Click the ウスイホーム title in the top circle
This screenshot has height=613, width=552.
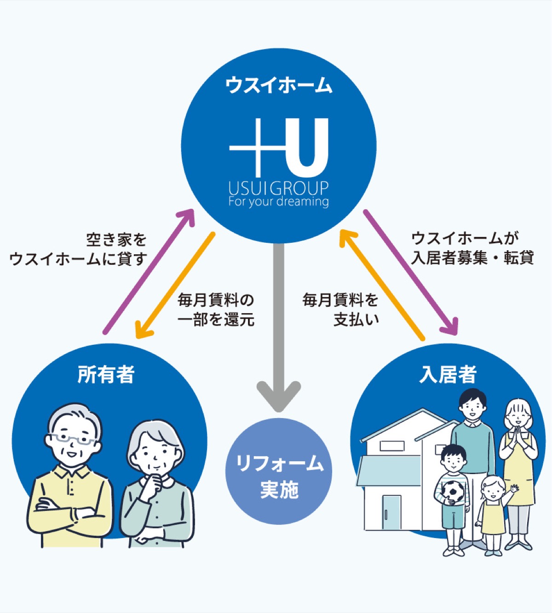[278, 86]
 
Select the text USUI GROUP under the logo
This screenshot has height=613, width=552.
[278, 188]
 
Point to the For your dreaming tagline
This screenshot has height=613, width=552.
[278, 202]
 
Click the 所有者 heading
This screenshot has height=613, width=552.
[106, 374]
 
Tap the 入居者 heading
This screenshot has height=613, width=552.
[448, 374]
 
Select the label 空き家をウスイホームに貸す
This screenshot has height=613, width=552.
[78, 249]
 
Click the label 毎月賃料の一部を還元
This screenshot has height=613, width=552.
[216, 309]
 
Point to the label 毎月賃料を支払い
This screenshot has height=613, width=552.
[340, 309]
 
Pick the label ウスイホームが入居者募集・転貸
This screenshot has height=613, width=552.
[471, 248]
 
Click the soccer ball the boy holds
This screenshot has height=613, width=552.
[453, 491]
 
